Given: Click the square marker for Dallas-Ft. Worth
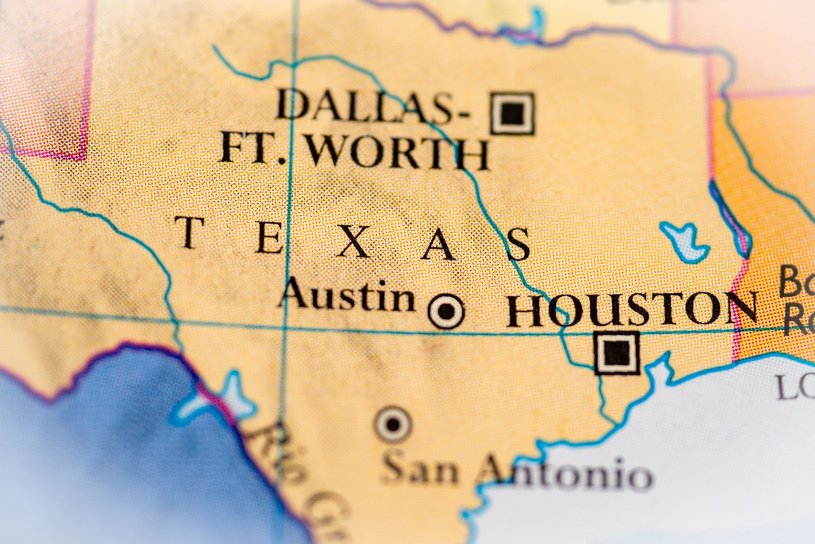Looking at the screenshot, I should coord(512,113).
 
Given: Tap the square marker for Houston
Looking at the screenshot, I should coord(616,353).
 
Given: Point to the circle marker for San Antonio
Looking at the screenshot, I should coord(393,424).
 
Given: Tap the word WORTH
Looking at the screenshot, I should coord(398,153).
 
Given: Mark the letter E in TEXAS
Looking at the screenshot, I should coord(269,239).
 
